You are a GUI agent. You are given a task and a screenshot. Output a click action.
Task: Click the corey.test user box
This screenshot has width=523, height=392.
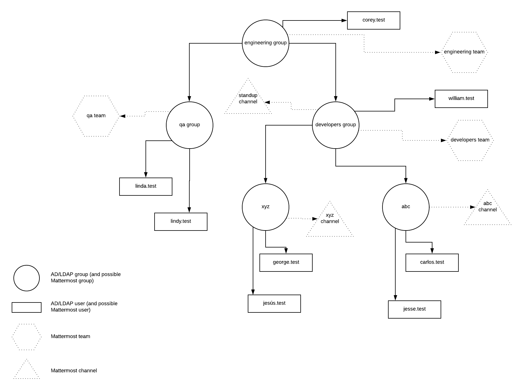coord(373,20)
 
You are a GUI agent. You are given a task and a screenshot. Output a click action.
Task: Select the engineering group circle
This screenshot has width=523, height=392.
coord(265,43)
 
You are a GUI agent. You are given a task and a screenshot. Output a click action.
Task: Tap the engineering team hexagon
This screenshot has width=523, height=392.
coord(464,52)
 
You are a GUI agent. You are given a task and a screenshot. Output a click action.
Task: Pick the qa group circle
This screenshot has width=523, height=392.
coord(189,125)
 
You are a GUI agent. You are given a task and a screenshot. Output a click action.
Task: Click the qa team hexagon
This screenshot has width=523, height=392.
coord(96,116)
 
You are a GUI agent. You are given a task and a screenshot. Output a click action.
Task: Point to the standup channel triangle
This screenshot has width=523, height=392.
coord(248,99)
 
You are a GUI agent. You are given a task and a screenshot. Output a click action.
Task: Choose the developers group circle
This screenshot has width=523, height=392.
coord(335,125)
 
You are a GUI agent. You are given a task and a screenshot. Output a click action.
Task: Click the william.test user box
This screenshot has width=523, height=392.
coord(461,99)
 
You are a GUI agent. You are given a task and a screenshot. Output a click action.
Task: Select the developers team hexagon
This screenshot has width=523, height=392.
coord(470,140)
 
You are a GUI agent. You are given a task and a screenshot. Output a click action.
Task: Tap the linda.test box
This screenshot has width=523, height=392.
coord(146,187)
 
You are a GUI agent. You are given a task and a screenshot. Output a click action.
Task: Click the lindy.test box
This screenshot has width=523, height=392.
coord(181,222)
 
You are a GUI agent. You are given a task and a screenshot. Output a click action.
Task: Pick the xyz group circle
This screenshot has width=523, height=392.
coord(265,207)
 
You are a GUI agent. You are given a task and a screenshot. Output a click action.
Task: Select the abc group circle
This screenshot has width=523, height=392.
coord(406,207)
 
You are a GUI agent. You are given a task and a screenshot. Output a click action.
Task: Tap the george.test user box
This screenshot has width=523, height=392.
coord(286,263)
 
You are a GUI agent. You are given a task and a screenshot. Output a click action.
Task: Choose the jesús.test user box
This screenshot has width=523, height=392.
coord(274,304)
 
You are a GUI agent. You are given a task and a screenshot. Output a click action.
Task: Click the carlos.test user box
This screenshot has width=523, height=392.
coord(432,263)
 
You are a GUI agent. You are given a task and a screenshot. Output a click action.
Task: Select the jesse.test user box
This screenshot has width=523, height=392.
coord(414,310)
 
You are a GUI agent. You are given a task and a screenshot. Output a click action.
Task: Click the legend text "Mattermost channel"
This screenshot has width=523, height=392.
coord(74,371)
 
